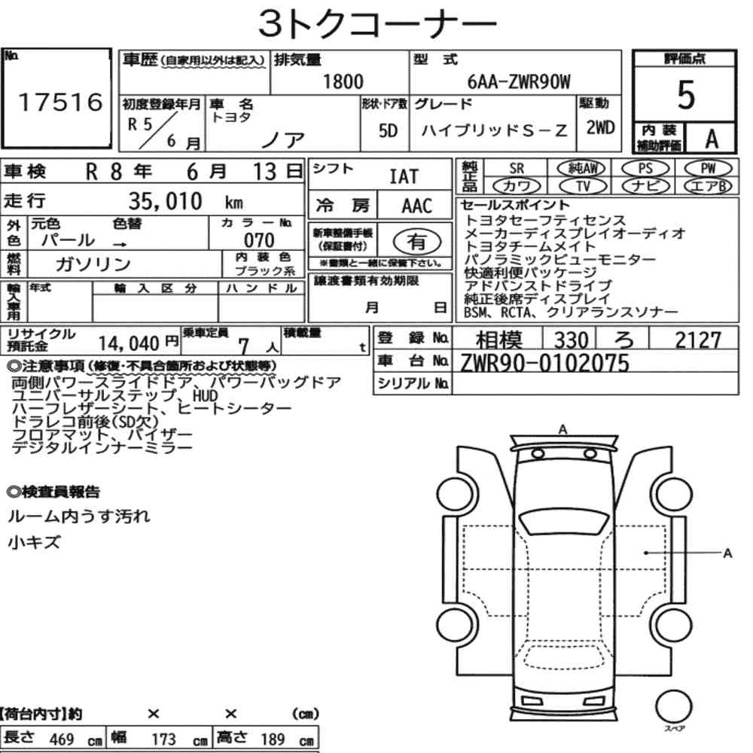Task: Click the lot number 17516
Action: (60, 102)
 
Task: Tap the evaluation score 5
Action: (686, 95)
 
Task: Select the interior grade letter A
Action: (712, 139)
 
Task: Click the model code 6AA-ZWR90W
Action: (519, 81)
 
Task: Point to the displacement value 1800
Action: (343, 81)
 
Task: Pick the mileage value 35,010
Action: (165, 201)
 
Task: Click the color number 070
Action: (259, 240)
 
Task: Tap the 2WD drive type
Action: (600, 128)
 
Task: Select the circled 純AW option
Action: (582, 169)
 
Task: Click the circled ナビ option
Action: (645, 186)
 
